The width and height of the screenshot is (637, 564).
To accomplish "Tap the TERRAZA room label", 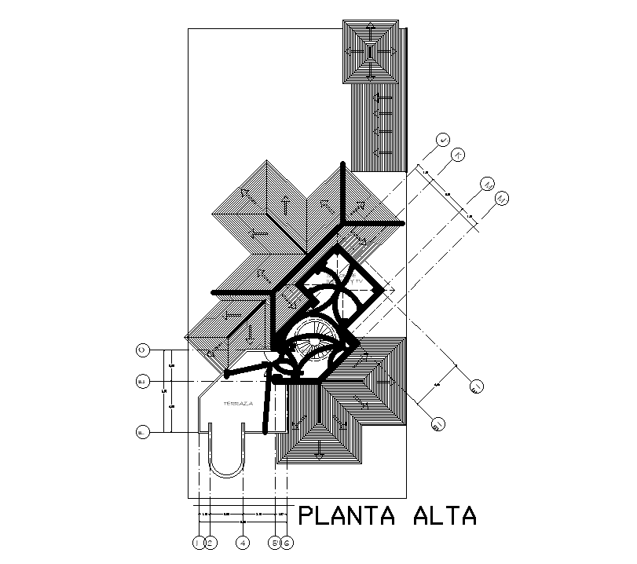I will coord(237,402).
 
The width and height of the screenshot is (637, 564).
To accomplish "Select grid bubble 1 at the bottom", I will coord(198,543).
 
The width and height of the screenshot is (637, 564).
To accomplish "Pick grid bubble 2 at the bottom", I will coord(210,543).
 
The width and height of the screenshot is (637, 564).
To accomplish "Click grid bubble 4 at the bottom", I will coord(243,543).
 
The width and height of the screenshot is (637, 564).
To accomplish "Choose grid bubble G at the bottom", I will coord(287,543).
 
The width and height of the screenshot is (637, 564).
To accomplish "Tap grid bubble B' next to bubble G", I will coord(274,543).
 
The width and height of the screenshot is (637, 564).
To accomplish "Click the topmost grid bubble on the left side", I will coord(142,349).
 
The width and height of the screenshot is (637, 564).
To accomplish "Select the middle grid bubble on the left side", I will coord(142,382).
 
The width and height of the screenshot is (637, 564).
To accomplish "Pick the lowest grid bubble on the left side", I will coord(142,432).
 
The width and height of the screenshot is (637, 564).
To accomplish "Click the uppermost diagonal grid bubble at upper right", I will coord(444,140).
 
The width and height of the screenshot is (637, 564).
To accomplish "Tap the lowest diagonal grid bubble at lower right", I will coord(438,425).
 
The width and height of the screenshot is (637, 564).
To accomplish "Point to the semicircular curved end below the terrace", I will coord(228,471).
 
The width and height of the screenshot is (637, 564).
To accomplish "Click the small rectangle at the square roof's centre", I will coord(370,52).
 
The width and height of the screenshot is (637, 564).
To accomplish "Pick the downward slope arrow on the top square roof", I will coord(370,72).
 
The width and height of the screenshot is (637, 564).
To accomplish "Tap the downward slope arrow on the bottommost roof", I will coord(319,453).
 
